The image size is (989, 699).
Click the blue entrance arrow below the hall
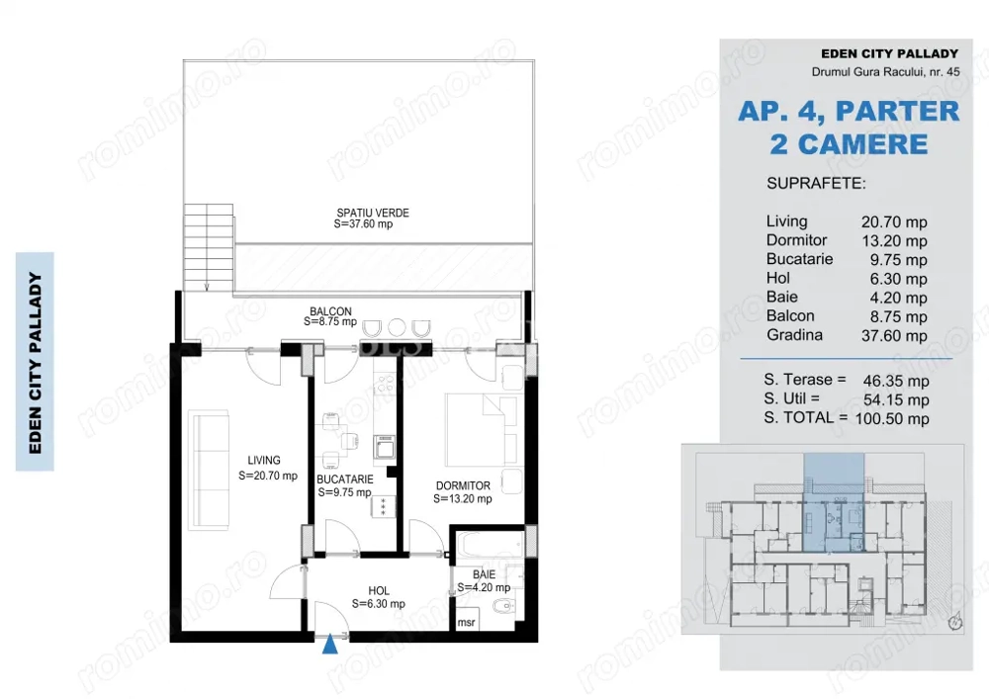tap(329, 645)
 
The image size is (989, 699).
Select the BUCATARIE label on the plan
tap(344, 480)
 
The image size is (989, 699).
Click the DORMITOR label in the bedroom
tap(463, 485)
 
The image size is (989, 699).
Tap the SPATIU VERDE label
tap(372, 213)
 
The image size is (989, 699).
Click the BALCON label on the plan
tap(330, 311)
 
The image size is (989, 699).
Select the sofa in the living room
tap(208, 471)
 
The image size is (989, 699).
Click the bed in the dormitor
tap(482, 426)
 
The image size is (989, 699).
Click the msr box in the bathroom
tap(465, 623)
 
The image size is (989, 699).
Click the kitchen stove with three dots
tap(381, 507)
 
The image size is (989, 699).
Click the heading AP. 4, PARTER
tap(849, 110)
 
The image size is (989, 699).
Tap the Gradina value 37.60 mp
tap(895, 336)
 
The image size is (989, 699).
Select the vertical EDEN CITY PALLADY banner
tap(36, 362)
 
